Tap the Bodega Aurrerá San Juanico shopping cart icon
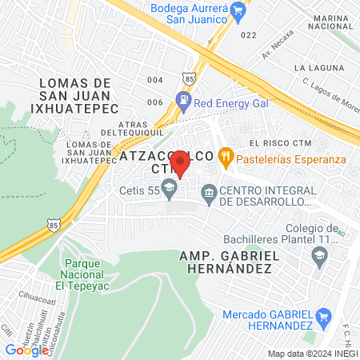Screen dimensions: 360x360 point(238,10)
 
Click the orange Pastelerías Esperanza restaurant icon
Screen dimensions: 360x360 point(226,158)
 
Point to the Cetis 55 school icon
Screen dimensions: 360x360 point(169,190)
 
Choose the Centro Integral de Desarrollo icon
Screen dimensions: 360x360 point(210,192)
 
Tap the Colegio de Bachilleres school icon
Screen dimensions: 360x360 point(319,256)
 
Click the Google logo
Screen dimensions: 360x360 point(26,350)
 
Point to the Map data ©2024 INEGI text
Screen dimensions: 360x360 point(311,354)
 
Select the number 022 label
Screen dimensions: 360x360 point(248,35)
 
